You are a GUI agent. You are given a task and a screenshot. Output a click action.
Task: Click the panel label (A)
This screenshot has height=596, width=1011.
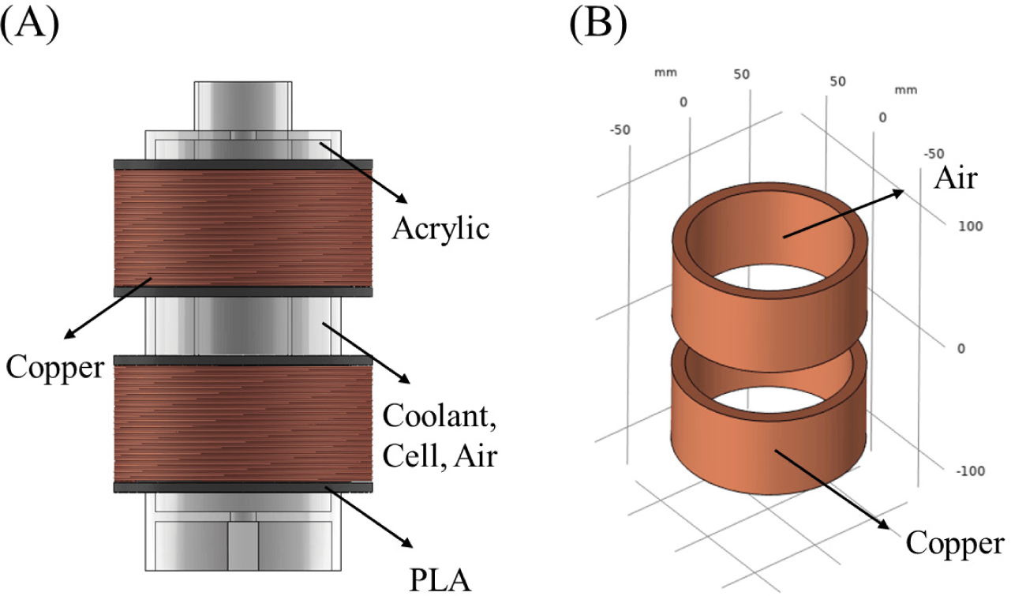click(x=30, y=25)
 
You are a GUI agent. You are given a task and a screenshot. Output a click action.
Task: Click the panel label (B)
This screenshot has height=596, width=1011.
click(x=598, y=25)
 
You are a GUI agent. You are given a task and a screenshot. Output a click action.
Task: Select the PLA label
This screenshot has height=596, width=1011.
click(x=440, y=580)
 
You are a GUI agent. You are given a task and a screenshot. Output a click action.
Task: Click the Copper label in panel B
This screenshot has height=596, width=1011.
click(x=955, y=544)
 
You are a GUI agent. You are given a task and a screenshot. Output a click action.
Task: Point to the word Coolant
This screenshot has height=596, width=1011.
click(x=439, y=416)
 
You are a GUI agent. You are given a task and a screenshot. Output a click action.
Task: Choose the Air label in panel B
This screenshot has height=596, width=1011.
click(x=956, y=178)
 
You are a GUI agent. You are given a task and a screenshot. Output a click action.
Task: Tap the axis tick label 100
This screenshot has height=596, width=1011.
click(x=971, y=227)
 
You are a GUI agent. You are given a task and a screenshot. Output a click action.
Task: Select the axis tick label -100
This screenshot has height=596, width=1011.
click(x=971, y=471)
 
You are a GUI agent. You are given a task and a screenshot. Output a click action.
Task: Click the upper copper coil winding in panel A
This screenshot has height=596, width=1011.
click(x=243, y=228)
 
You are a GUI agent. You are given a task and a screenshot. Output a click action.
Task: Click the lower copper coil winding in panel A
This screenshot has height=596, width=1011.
click(x=243, y=424)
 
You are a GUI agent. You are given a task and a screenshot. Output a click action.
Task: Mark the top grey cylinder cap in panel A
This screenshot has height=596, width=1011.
click(x=243, y=107)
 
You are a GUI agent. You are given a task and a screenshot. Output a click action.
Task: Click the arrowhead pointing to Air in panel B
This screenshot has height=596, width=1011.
click(x=897, y=193)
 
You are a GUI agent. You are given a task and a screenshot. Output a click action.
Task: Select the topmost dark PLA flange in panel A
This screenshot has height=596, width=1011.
click(x=243, y=164)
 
